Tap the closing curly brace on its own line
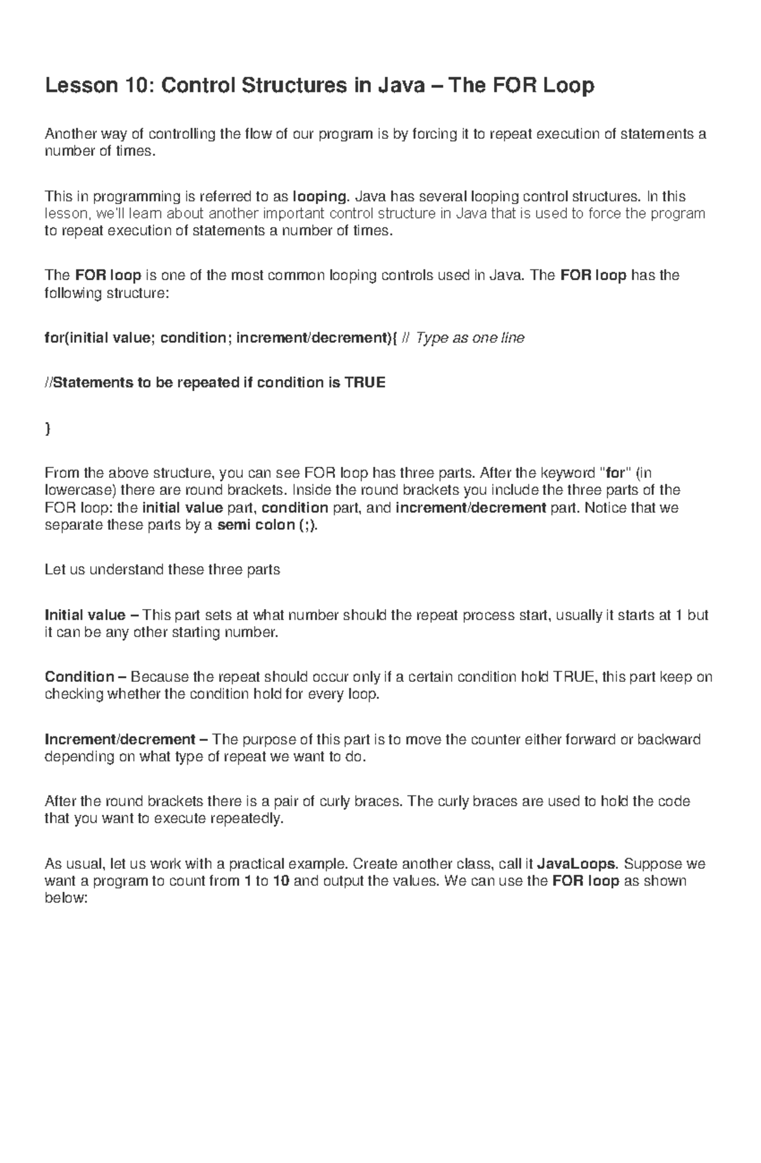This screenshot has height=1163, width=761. tap(48, 428)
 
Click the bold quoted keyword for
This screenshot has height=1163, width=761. tap(616, 473)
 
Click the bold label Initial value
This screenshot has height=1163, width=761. tap(85, 615)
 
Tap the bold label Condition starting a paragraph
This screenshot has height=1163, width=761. tap(79, 677)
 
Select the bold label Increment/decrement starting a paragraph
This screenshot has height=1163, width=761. tap(120, 740)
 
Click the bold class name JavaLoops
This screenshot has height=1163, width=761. tap(576, 864)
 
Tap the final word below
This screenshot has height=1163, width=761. tap(65, 898)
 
